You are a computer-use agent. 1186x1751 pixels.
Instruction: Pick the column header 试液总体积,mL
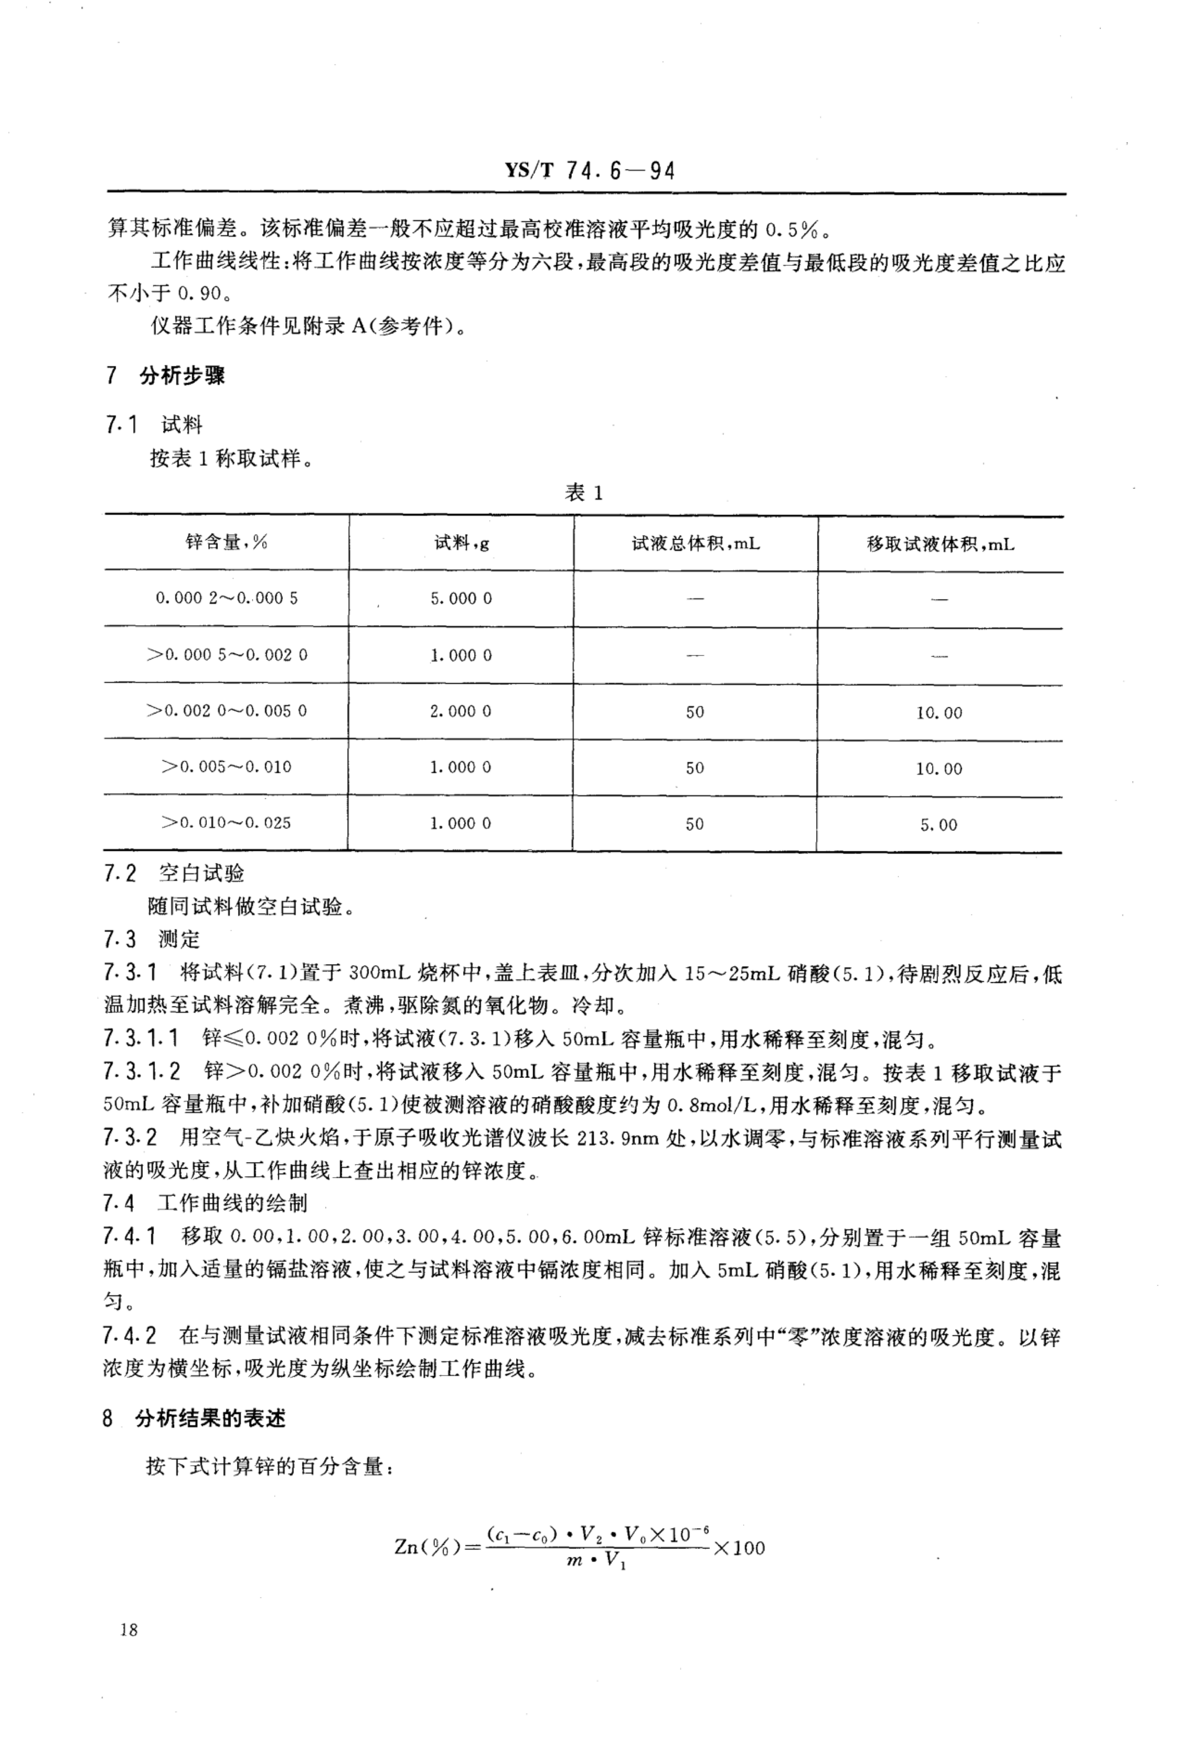(696, 543)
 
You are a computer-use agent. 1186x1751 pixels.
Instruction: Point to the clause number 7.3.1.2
(142, 1071)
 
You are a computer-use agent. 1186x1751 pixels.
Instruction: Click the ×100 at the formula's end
(738, 1548)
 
